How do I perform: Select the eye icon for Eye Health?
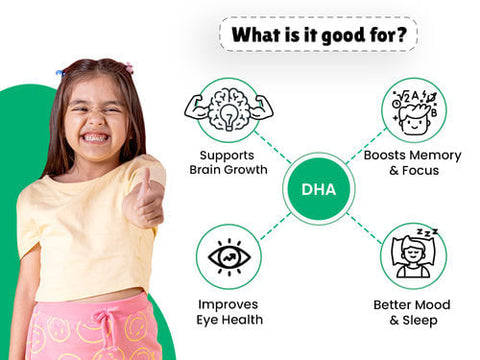coord(228,257)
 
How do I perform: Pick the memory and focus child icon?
coord(412,110)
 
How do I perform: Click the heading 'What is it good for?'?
coord(317,35)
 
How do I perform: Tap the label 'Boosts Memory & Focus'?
coord(413,163)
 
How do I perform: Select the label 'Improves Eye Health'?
coord(229,312)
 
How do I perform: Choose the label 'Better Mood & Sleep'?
coord(413,312)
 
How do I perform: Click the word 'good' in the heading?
coord(328,35)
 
